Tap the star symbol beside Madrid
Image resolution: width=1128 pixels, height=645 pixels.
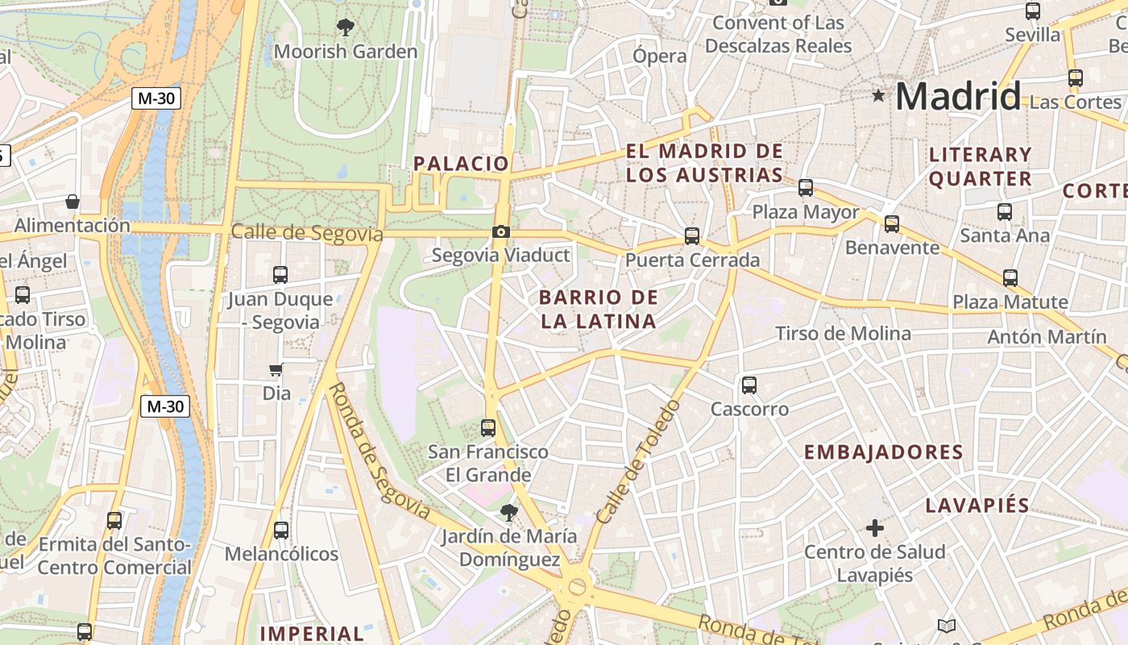pyautogui.click(x=878, y=96)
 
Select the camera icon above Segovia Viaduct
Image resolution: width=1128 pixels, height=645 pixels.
pyautogui.click(x=501, y=232)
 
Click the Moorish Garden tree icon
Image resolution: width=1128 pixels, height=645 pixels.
pyautogui.click(x=346, y=27)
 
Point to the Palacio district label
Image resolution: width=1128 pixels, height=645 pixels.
pyautogui.click(x=461, y=164)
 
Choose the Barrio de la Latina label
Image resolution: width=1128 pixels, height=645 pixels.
pyautogui.click(x=598, y=309)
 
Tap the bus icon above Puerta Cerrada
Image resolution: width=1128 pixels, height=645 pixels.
pyautogui.click(x=692, y=236)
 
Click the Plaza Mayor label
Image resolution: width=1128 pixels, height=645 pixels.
pyautogui.click(x=806, y=212)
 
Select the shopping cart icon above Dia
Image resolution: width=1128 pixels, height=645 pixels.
pyautogui.click(x=276, y=370)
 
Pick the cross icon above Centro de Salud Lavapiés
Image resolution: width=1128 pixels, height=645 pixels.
pyautogui.click(x=874, y=528)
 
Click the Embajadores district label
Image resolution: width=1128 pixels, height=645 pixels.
pyautogui.click(x=883, y=451)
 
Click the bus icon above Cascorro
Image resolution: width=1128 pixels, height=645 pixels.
pyautogui.click(x=749, y=385)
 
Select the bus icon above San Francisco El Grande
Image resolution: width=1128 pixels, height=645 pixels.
pyautogui.click(x=488, y=427)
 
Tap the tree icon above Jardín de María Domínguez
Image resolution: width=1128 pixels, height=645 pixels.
pyautogui.click(x=508, y=512)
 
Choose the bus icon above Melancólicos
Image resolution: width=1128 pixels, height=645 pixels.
pyautogui.click(x=280, y=531)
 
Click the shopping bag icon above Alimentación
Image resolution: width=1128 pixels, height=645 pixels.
pyautogui.click(x=73, y=201)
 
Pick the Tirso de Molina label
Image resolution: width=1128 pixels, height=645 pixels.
pyautogui.click(x=843, y=334)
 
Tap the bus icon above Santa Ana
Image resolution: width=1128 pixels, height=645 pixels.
pyautogui.click(x=1005, y=212)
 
